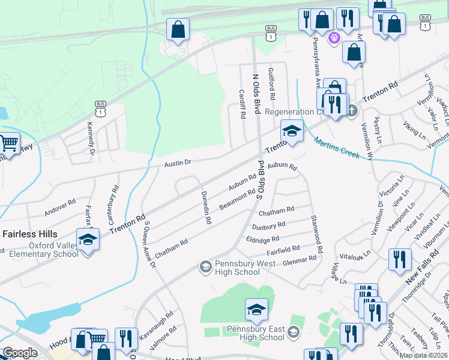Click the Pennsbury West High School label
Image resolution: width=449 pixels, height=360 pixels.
[x=238, y=268]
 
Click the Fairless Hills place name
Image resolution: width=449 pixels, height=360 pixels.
[x=29, y=233]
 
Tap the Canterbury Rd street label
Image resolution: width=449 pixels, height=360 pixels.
[x=113, y=205]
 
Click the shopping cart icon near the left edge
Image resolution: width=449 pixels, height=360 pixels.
[x=8, y=143]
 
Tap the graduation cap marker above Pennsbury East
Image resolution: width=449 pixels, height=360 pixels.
[x=256, y=310]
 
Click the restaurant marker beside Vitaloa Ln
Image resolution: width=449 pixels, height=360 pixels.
[x=400, y=259]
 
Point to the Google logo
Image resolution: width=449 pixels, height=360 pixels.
[x=20, y=353]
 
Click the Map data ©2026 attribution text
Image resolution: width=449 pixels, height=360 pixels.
[x=424, y=355]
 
